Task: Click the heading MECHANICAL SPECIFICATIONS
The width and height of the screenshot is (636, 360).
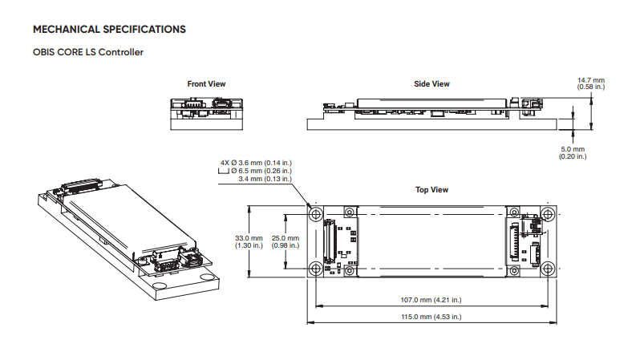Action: [x=109, y=30]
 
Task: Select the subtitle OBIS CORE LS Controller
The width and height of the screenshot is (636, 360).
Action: [x=88, y=54]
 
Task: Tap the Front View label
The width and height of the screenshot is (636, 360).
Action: [x=206, y=83]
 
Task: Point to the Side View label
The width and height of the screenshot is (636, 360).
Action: [x=431, y=83]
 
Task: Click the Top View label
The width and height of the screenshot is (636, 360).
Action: [x=431, y=190]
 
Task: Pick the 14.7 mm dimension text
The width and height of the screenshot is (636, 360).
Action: [x=591, y=79]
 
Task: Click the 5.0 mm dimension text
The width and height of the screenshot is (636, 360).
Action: [x=573, y=149]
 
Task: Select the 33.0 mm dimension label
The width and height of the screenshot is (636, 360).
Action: [x=249, y=238]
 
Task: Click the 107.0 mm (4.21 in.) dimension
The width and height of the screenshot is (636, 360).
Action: [x=431, y=301]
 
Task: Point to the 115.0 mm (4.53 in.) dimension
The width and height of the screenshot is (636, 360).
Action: [x=431, y=318]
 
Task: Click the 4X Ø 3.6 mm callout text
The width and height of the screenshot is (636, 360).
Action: [x=255, y=163]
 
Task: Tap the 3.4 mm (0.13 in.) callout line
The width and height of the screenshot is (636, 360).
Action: [x=265, y=179]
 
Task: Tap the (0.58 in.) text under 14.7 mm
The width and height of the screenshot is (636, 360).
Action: [x=591, y=87]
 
